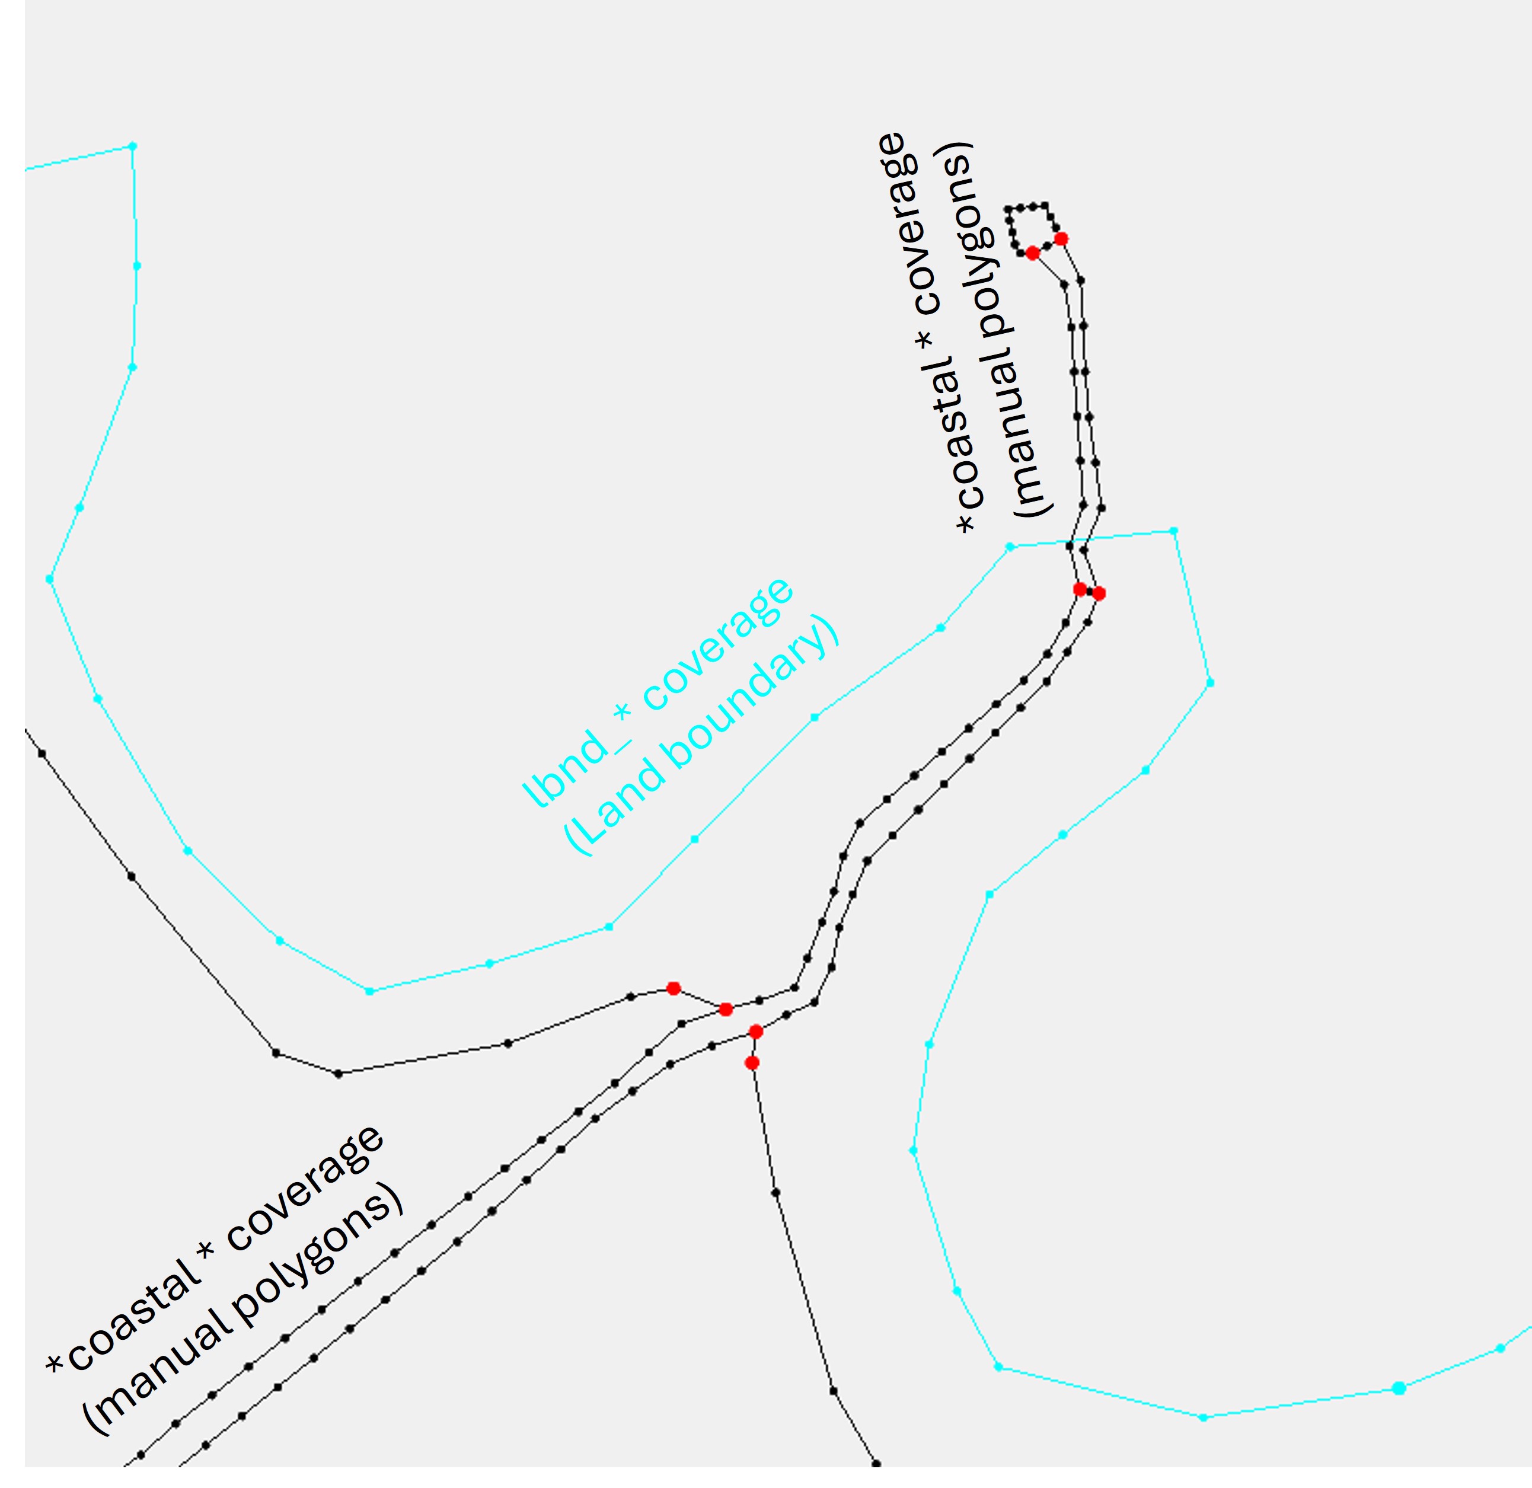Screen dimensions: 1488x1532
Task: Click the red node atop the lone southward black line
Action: (751, 1063)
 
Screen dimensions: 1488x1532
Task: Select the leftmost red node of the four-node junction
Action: (673, 989)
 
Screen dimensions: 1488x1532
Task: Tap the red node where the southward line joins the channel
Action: (755, 1032)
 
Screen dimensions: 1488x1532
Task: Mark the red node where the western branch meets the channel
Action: (725, 1010)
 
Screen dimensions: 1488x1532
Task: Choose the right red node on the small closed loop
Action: (1061, 239)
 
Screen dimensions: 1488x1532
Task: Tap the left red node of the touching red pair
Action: (1080, 589)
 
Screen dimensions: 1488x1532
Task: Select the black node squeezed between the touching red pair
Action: (1090, 592)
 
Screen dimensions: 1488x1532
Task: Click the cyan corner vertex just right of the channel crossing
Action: (1173, 531)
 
